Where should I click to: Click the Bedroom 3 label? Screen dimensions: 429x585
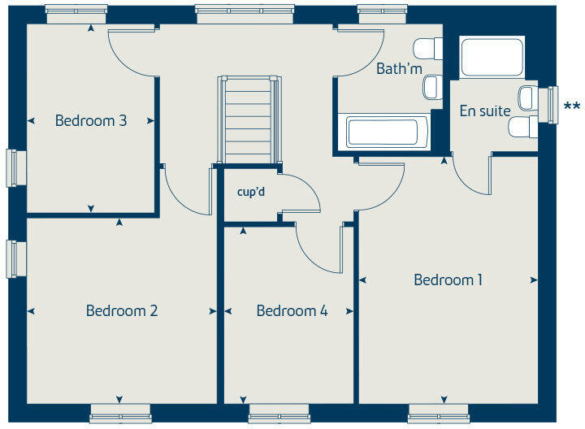point(91,121)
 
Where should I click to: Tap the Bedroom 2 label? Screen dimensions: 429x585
point(122,310)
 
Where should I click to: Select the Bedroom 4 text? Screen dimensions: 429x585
point(292,310)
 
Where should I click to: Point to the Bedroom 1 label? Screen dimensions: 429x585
point(448,280)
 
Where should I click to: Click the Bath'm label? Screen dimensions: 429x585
point(399,69)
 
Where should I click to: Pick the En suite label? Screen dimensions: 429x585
point(485,111)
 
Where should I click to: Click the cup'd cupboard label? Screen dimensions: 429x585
point(251,193)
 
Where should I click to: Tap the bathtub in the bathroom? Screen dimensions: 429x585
point(382,132)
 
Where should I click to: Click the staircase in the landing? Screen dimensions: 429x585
point(247,120)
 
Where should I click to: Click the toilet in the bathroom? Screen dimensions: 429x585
point(427,49)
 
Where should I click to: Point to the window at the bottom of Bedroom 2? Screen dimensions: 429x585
point(119,414)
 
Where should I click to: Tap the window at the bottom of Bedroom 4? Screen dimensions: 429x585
point(279,414)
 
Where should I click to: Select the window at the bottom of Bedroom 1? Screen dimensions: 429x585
point(439,414)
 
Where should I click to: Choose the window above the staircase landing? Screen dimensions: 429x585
point(245,14)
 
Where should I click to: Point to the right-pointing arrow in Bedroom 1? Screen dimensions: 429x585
point(534,280)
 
